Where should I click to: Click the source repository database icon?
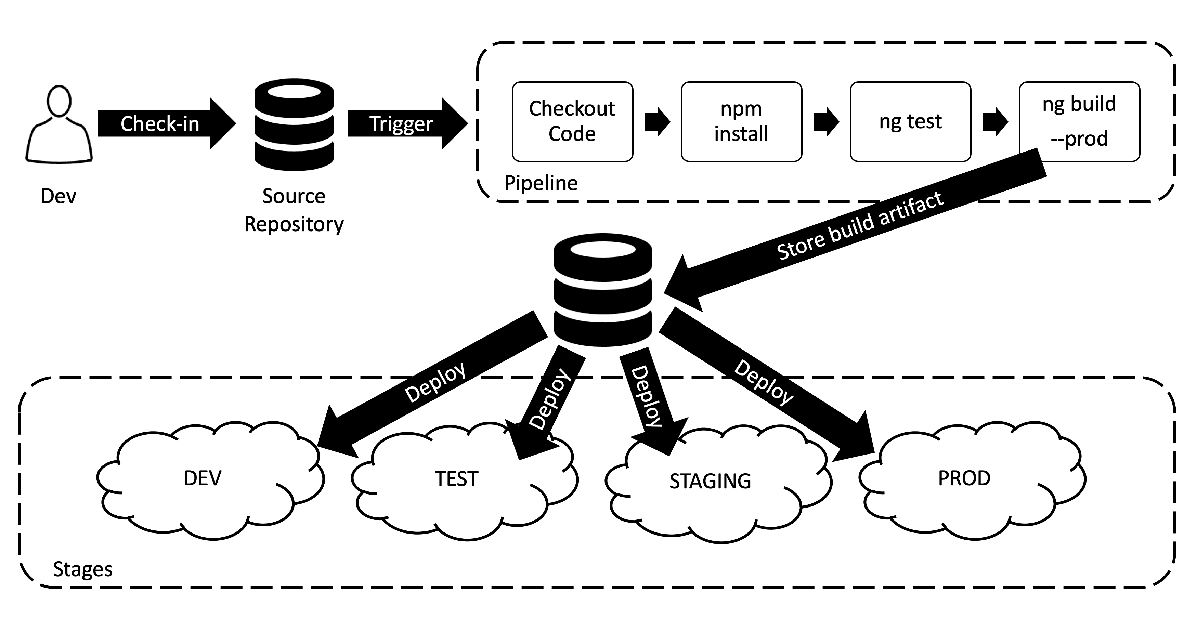coord(294,124)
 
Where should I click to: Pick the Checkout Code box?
coord(572,121)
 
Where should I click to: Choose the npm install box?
coord(741,121)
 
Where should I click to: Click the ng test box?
coord(910,121)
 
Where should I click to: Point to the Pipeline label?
coord(541,183)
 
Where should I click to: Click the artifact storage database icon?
coord(603,290)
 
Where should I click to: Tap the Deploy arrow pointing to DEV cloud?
coord(434,383)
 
